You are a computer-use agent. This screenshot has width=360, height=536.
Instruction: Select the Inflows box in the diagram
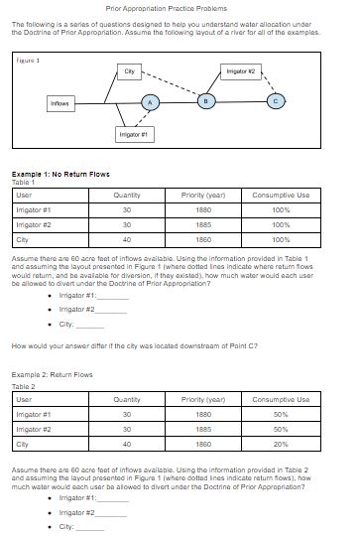click(60, 103)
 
